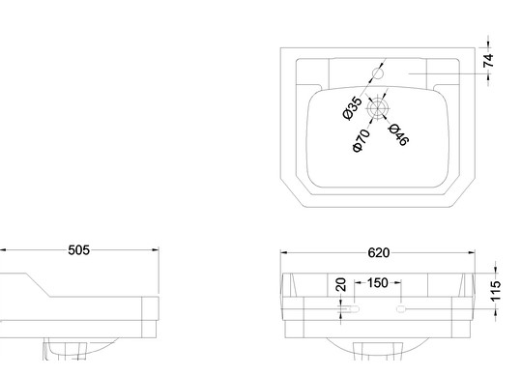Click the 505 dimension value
[78, 250]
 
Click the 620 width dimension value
[379, 253]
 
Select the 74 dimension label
[488, 60]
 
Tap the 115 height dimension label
[495, 291]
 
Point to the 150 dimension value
[378, 283]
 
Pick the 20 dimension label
[341, 284]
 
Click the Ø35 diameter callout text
[352, 107]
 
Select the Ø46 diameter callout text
[398, 134]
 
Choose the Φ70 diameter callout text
[361, 140]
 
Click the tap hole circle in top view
[378, 73]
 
